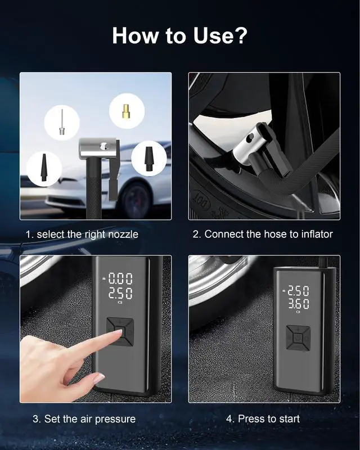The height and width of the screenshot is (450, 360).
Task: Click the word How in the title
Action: [x=135, y=35]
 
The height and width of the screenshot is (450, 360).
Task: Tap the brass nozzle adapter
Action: [x=127, y=111]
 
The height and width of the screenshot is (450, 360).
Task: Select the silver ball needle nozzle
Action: [x=61, y=122]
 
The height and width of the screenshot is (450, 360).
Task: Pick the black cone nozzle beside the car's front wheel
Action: [x=148, y=159]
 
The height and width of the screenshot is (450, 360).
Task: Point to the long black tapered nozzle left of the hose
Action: [x=43, y=167]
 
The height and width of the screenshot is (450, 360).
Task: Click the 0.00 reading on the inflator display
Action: [x=120, y=278]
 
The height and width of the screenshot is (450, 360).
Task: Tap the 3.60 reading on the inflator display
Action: [x=299, y=304]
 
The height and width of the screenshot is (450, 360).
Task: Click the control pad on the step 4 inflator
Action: [x=299, y=338]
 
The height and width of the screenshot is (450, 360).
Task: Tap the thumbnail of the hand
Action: [x=99, y=379]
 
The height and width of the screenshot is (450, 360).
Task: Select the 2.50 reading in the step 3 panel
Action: [x=120, y=293]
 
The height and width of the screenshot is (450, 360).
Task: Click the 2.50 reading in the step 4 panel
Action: [x=299, y=291]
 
